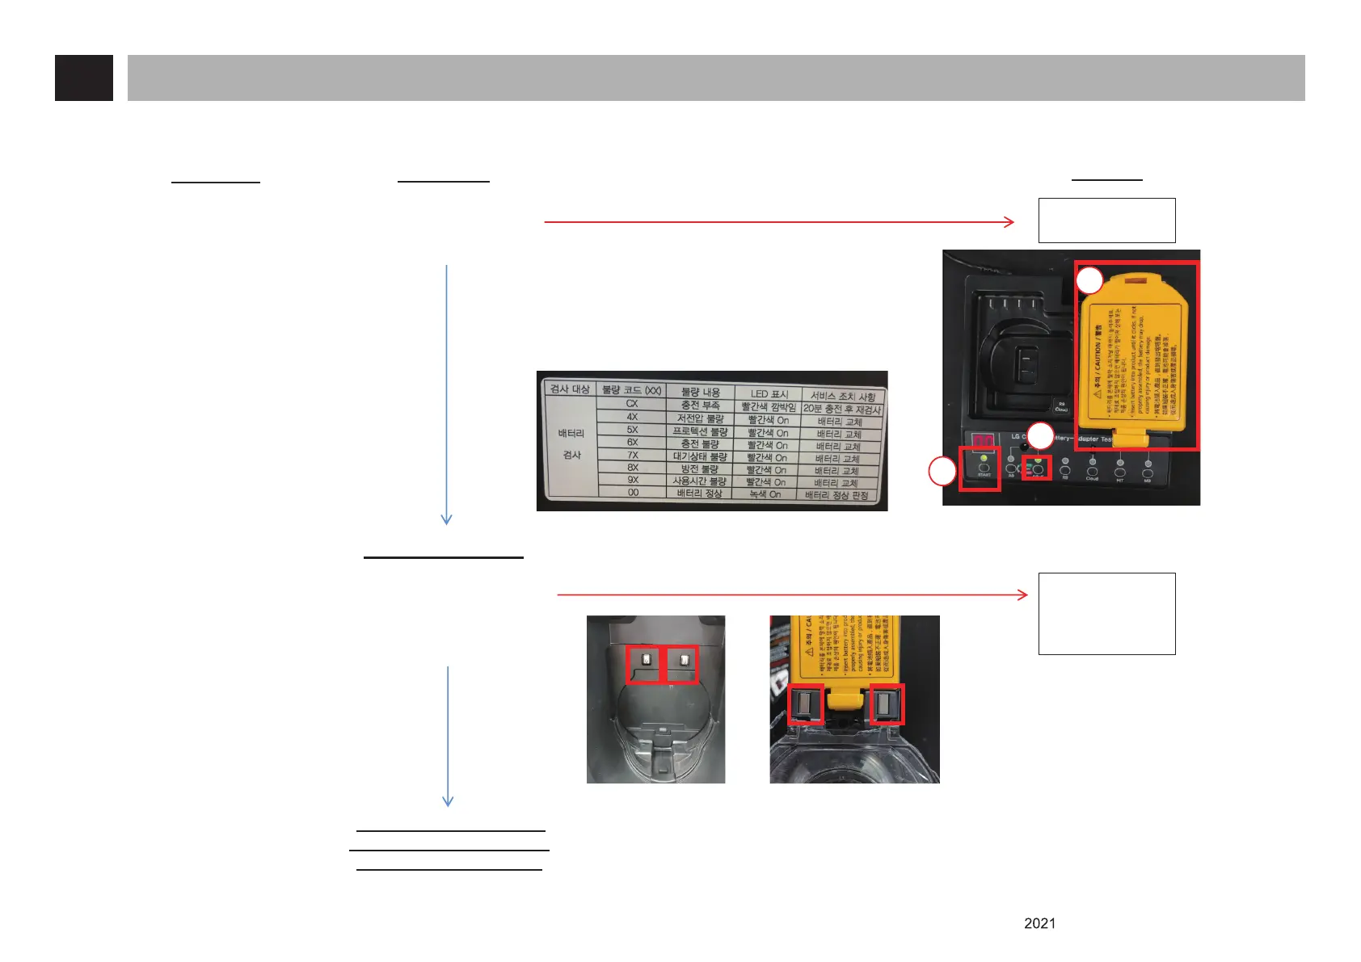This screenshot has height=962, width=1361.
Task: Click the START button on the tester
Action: click(984, 468)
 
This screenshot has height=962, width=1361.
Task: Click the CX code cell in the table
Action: click(632, 403)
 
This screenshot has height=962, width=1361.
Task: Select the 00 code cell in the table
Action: click(633, 492)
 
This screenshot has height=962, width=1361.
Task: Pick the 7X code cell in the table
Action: click(633, 455)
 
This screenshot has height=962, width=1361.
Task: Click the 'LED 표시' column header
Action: click(769, 394)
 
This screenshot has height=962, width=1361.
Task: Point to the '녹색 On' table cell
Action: click(765, 494)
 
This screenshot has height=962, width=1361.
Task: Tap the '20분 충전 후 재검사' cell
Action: click(841, 409)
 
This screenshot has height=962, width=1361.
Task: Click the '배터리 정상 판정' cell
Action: click(836, 495)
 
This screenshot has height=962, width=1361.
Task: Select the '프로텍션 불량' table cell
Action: click(700, 431)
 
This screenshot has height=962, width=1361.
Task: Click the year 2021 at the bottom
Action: click(1039, 923)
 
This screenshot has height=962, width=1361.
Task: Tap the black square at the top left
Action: click(84, 78)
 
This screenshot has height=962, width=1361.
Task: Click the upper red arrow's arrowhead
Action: click(1009, 221)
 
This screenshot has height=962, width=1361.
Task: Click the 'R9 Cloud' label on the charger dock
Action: click(1061, 407)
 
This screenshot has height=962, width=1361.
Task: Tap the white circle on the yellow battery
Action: click(1089, 280)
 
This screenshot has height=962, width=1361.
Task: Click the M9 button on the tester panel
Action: click(1148, 471)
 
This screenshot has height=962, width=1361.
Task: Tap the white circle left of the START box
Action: click(942, 471)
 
